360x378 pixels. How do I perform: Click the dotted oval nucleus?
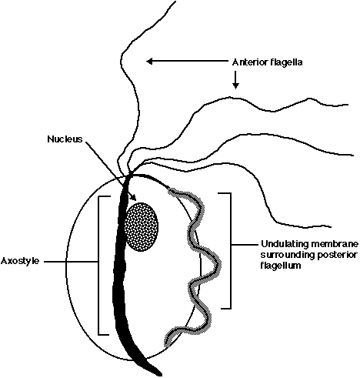click(x=141, y=227)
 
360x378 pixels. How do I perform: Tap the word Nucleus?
click(x=65, y=139)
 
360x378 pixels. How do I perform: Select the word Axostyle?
click(x=20, y=261)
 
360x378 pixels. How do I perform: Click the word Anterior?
click(x=248, y=62)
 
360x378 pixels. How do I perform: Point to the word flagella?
click(x=284, y=62)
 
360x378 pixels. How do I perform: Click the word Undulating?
click(x=285, y=244)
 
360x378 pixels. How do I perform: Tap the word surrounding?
click(x=286, y=256)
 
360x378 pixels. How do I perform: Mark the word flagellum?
click(x=281, y=266)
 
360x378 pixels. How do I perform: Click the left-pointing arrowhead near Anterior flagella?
click(x=149, y=61)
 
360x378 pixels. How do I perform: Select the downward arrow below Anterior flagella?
click(x=235, y=80)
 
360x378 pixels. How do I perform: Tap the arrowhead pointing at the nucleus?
click(x=133, y=197)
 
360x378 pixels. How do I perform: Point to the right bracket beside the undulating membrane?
click(x=230, y=250)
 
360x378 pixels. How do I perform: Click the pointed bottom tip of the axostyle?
click(x=161, y=375)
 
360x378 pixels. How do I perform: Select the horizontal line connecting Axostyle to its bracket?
click(x=71, y=262)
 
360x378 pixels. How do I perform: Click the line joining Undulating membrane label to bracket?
click(x=245, y=245)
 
